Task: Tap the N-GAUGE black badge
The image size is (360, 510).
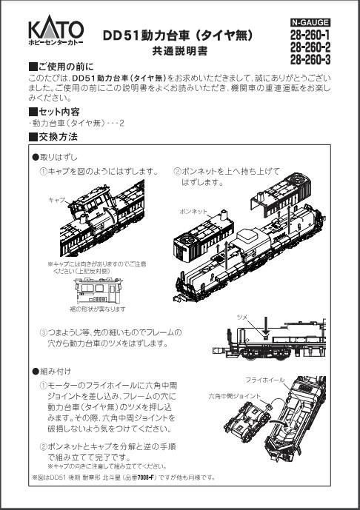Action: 310,24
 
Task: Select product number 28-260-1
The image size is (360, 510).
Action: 310,35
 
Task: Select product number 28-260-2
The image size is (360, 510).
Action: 310,47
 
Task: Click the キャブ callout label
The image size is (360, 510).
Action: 56,200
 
